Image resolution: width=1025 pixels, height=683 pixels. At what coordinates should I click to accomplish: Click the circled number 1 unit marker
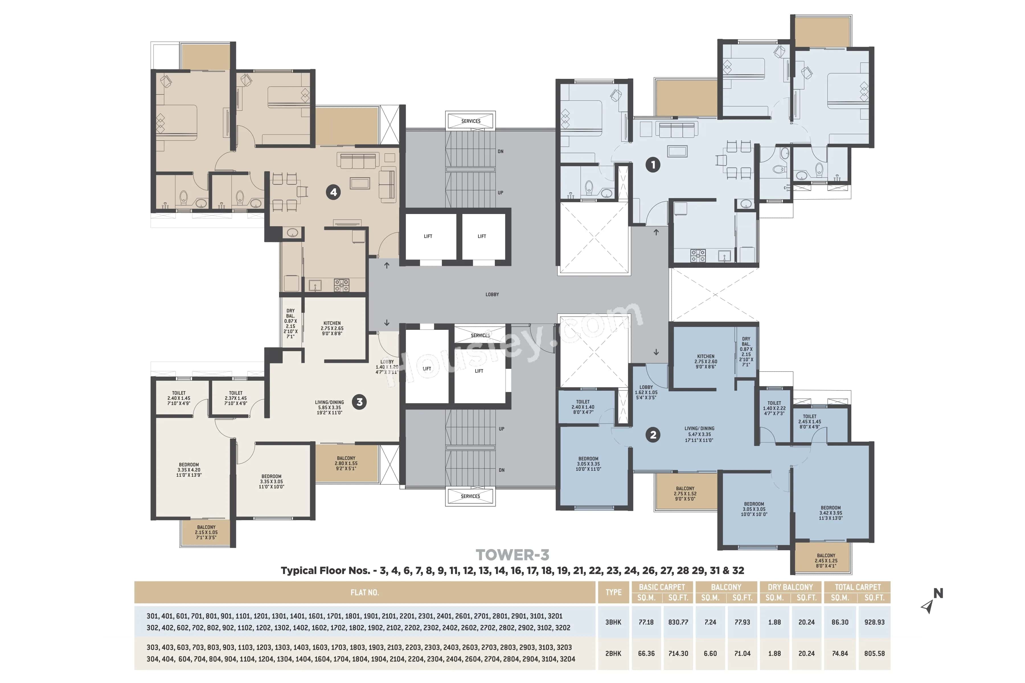tap(652, 165)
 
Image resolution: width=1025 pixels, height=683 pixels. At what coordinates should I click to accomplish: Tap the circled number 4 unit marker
tap(333, 192)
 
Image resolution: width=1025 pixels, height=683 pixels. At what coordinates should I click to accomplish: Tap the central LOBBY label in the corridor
tap(492, 295)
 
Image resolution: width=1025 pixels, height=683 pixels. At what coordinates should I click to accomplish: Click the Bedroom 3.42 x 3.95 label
tap(831, 513)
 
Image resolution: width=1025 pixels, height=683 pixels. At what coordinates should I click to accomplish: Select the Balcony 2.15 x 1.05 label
tap(206, 532)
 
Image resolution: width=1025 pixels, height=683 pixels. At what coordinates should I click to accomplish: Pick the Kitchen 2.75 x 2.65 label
tap(332, 328)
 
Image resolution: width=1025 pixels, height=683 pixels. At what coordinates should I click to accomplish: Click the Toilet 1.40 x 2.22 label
tap(774, 408)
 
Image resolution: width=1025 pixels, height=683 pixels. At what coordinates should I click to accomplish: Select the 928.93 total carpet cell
tap(874, 622)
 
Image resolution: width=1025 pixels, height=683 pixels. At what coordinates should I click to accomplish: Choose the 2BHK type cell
tap(613, 653)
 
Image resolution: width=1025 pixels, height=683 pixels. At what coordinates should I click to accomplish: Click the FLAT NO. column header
tap(364, 593)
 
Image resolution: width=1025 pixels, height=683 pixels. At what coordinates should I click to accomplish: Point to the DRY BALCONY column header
tap(790, 587)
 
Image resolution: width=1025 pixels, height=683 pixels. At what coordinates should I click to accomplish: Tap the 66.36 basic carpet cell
tap(646, 653)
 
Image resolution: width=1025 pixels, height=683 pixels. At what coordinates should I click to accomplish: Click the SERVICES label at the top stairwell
tap(471, 121)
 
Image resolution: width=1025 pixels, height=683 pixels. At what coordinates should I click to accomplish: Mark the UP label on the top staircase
tap(500, 193)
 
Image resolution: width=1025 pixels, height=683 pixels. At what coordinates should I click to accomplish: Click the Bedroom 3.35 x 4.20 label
tap(189, 470)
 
